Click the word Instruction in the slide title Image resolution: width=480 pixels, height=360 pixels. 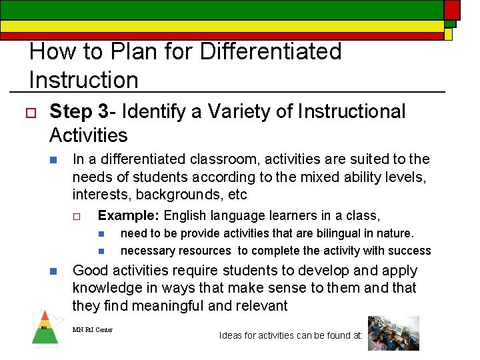pos(83,79)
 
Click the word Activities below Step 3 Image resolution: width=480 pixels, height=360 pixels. pos(88,135)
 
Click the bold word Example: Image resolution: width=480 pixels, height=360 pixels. pos(129,215)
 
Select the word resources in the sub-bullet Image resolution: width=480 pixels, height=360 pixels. pos(206,251)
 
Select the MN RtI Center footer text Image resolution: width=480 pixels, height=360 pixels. pos(93,329)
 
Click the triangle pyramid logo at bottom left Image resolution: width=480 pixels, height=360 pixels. pos(45,329)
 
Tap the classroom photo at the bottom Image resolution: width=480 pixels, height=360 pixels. pos(393,333)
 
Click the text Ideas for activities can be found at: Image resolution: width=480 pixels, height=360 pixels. pos(290,335)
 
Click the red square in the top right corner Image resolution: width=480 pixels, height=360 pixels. pos(452,9)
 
